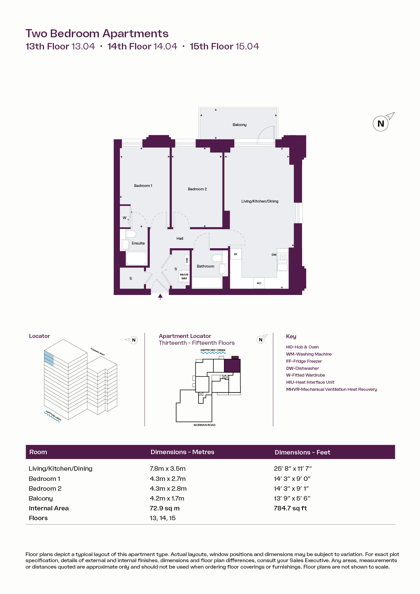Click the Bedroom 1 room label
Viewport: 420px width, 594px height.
[x=143, y=186]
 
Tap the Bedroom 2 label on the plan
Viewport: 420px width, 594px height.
[x=197, y=189]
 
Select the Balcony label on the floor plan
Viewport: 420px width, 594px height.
[x=239, y=125]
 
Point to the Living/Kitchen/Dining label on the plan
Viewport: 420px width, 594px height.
[x=260, y=201]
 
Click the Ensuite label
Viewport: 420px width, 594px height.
[x=138, y=243]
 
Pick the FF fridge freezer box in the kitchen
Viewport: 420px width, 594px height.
[x=236, y=254]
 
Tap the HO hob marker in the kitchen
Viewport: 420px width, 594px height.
[x=259, y=283]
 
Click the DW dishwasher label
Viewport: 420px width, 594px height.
[x=274, y=255]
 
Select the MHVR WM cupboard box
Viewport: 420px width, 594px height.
[x=184, y=276]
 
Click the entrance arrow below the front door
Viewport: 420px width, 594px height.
[x=160, y=297]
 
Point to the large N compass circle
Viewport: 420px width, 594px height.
[x=381, y=124]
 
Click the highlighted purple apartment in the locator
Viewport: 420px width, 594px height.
[x=232, y=366]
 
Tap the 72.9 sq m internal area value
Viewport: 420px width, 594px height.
[x=165, y=508]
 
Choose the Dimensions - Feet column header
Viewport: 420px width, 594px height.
[x=302, y=452]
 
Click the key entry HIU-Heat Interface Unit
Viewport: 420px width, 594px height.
[x=310, y=382]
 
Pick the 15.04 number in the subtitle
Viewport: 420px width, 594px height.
[x=247, y=46]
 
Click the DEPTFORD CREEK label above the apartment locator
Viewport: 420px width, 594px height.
[x=213, y=350]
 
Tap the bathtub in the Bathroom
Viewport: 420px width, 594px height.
[x=207, y=283]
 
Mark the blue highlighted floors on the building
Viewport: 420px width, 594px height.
[x=49, y=358]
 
